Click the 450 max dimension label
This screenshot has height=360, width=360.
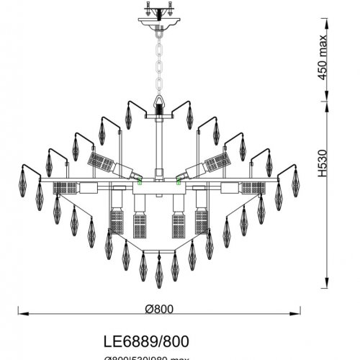tap(325, 63)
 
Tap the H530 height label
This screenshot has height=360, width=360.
tap(325, 170)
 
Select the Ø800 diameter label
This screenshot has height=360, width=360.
tap(159, 308)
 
